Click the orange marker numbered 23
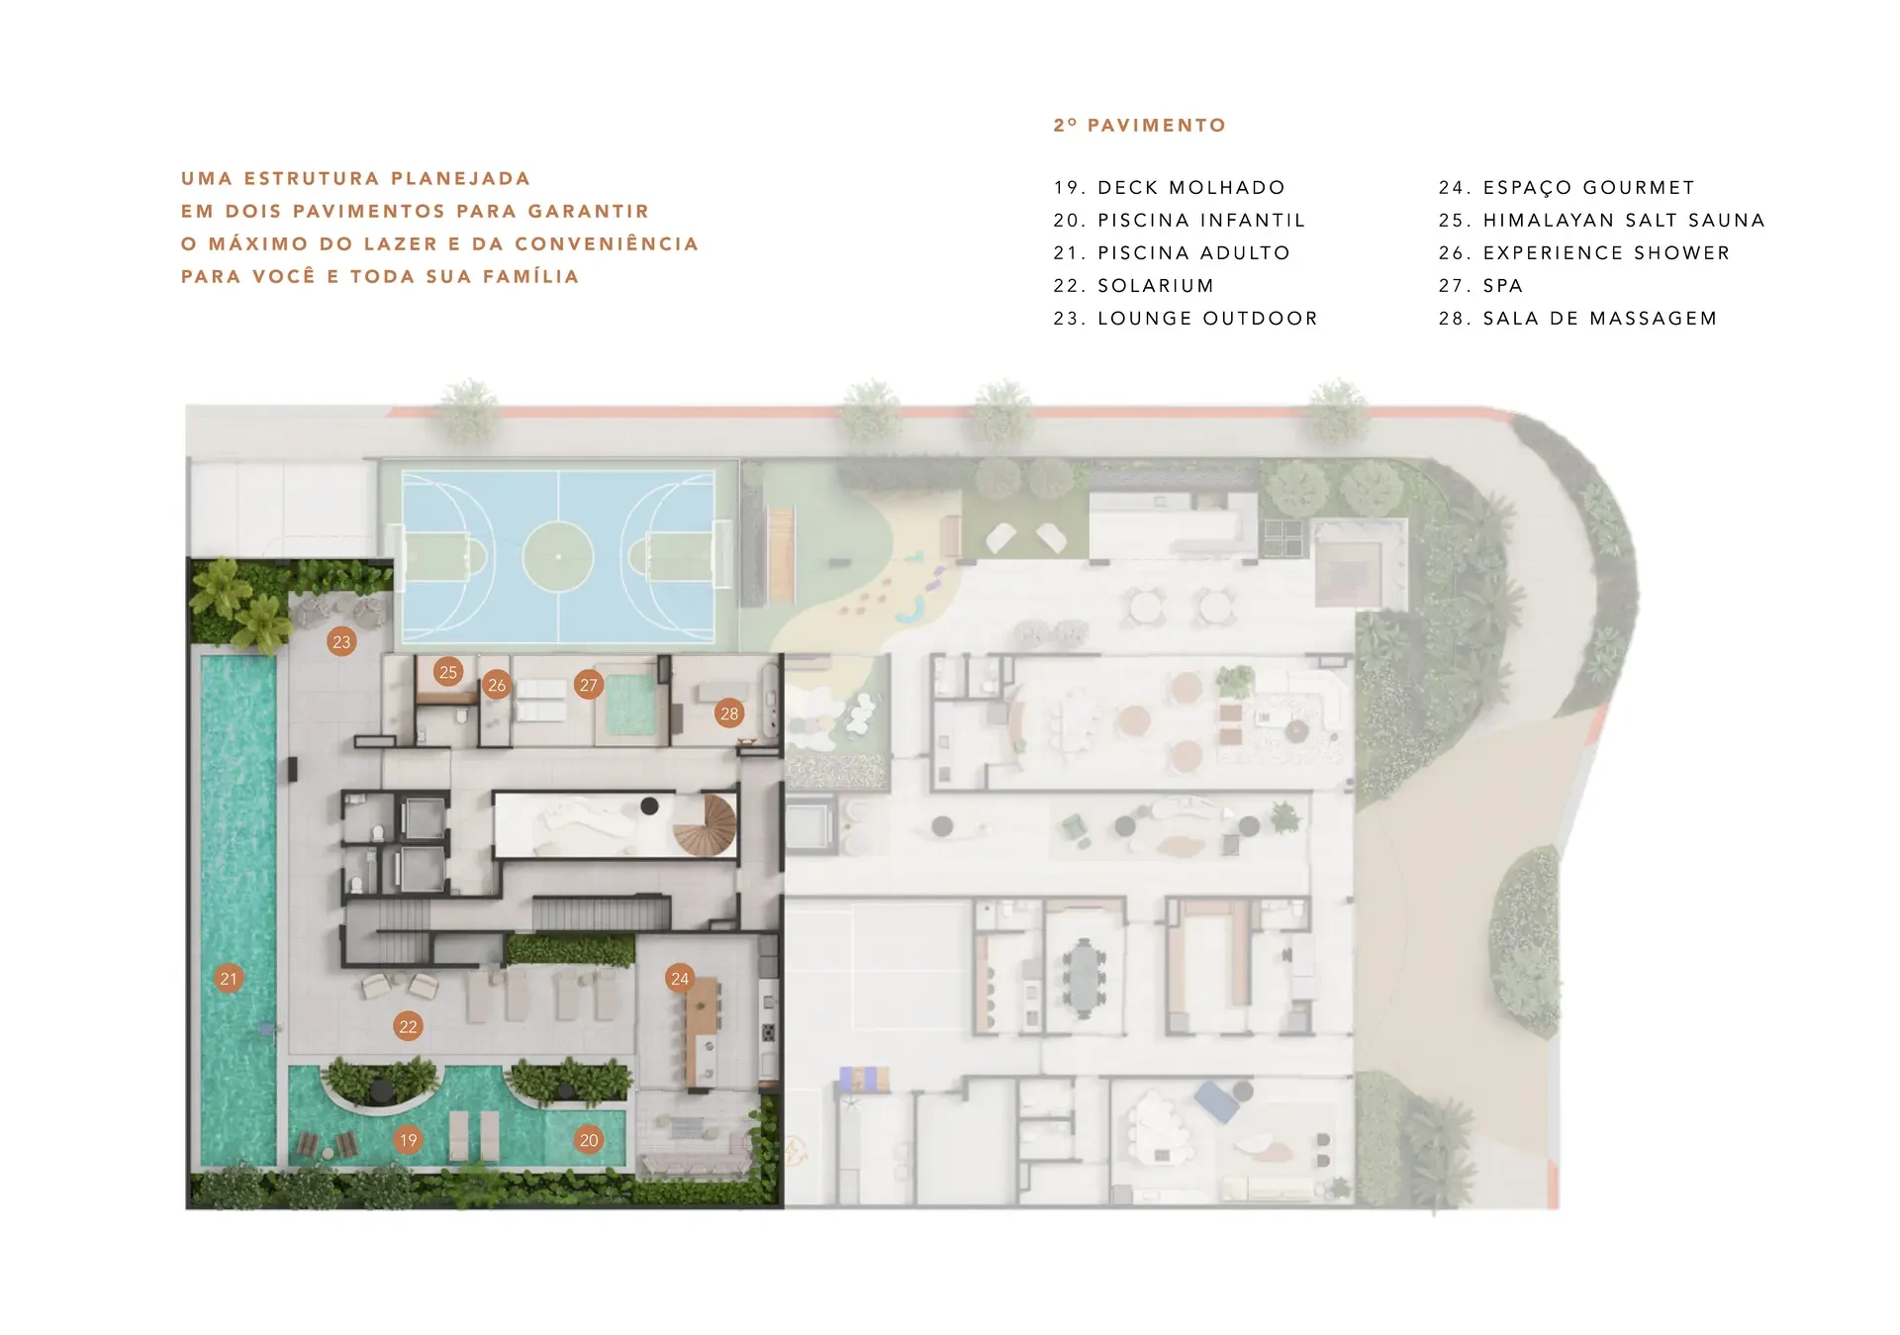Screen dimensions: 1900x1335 pos(341,641)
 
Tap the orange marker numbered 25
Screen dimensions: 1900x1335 pos(448,672)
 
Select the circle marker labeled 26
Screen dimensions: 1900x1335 pos(497,685)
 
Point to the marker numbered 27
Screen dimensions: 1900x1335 pos(589,685)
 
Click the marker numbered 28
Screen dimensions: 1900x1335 pos(729,714)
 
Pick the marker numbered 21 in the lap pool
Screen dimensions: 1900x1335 pos(229,979)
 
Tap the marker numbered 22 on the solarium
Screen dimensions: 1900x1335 pos(408,1026)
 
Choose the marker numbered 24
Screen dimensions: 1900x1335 pos(680,979)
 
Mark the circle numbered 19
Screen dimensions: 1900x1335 pos(408,1140)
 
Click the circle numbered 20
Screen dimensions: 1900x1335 pos(589,1140)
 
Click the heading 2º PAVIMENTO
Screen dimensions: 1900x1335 pos(1140,126)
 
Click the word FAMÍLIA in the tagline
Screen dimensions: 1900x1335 pos(531,276)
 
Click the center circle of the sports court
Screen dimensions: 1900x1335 pos(558,556)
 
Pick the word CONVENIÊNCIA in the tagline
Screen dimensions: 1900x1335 pos(607,243)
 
